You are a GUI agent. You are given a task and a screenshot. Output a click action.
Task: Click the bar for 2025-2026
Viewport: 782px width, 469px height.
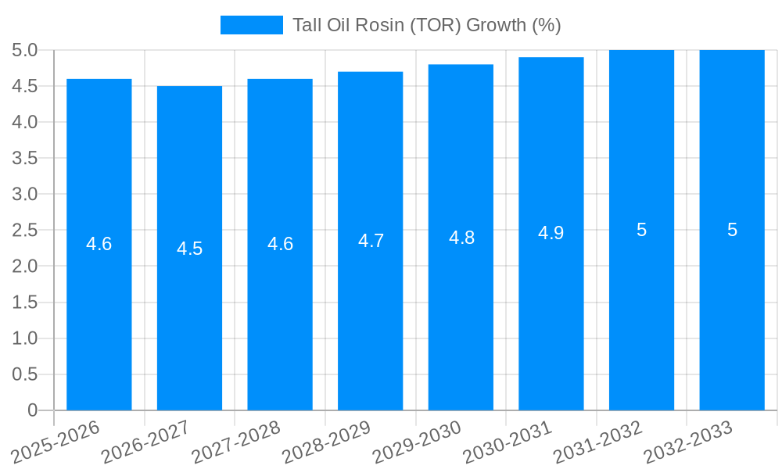tap(99, 313)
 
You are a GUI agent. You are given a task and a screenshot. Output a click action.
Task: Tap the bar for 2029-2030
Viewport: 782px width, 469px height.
tap(461, 313)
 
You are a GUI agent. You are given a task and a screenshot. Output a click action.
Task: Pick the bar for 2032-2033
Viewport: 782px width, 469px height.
tap(732, 313)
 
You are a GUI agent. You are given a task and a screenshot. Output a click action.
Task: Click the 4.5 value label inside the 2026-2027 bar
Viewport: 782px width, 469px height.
tap(189, 249)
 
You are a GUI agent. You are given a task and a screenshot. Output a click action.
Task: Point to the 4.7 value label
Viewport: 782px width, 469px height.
tap(371, 241)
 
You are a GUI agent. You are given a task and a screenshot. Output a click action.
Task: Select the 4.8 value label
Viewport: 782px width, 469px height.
tap(461, 238)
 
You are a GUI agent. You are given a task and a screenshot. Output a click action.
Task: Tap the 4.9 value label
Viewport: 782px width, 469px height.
tap(551, 233)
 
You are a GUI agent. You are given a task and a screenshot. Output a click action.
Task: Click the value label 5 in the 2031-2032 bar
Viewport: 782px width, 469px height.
tap(641, 230)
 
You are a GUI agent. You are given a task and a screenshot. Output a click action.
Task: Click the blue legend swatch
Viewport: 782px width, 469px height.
tap(251, 25)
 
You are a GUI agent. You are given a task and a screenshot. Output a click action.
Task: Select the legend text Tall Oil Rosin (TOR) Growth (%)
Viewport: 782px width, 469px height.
tap(427, 25)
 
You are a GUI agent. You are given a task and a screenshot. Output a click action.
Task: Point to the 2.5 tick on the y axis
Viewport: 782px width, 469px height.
tap(25, 230)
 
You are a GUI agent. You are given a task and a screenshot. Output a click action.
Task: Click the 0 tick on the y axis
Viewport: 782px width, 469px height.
tap(32, 410)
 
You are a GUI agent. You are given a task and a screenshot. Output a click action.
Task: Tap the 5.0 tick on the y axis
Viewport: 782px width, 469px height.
tap(25, 50)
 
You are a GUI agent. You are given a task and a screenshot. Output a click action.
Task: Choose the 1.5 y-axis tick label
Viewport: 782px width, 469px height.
tap(25, 303)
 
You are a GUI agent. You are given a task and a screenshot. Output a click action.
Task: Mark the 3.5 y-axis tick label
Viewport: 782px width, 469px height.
tap(25, 158)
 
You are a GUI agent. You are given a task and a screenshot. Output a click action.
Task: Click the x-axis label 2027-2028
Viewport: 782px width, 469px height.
tap(237, 442)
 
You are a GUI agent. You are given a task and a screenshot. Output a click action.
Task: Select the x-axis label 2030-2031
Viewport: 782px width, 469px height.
tap(508, 442)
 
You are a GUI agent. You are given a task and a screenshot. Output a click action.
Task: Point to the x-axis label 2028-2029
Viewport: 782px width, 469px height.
tap(327, 442)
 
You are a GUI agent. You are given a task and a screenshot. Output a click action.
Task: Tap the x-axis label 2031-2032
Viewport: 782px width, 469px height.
tap(598, 442)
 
